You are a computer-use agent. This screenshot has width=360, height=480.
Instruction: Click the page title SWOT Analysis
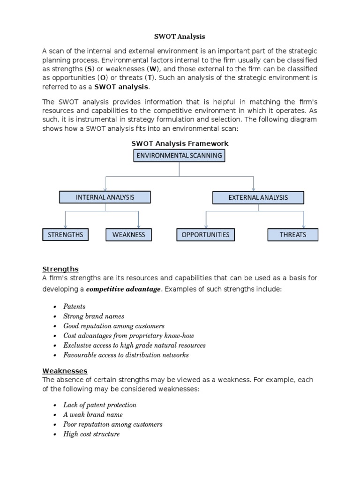click(180, 36)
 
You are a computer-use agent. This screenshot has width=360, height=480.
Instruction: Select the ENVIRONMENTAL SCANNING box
click(179, 156)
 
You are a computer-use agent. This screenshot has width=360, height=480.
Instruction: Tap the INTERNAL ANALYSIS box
click(105, 197)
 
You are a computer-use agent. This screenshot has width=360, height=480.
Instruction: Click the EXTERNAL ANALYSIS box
click(258, 198)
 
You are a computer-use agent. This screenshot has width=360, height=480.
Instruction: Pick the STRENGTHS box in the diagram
click(66, 234)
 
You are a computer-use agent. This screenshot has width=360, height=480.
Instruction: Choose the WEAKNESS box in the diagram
click(129, 234)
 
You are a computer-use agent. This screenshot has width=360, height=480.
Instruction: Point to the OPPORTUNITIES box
click(205, 234)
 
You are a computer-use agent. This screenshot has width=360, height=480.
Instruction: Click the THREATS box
click(292, 234)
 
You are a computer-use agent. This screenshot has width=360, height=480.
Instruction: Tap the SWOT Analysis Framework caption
click(180, 143)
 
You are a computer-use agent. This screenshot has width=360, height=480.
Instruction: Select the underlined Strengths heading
click(60, 269)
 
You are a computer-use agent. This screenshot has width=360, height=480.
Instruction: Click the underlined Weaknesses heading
click(65, 371)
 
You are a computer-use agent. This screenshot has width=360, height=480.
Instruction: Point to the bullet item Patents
click(75, 307)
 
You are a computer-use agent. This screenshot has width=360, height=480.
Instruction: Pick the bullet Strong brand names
click(94, 316)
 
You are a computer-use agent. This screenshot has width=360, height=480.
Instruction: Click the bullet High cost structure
click(91, 434)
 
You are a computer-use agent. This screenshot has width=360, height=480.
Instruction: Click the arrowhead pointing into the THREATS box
click(304, 226)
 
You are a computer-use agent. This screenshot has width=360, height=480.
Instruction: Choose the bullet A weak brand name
click(93, 415)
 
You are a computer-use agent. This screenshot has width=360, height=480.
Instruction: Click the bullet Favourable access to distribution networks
click(126, 355)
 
